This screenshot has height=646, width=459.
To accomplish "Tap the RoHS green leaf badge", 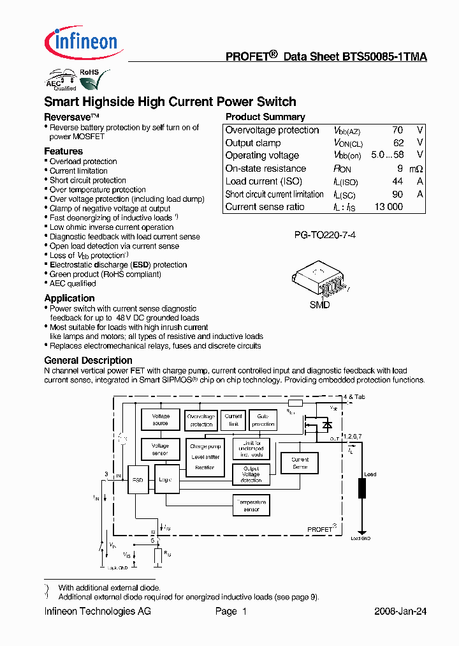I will point(89,80).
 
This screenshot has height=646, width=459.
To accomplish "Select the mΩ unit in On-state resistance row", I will point(416,169).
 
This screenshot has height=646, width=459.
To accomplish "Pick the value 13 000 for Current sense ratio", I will point(388,207).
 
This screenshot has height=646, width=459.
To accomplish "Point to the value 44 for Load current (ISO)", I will point(398,181).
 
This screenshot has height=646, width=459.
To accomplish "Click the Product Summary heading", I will point(265,117).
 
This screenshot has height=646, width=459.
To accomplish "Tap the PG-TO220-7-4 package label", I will point(324,236).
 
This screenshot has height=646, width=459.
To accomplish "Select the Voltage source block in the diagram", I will point(161,419).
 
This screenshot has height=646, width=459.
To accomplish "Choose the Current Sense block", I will point(300,463).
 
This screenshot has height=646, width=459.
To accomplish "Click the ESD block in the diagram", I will point(138,479).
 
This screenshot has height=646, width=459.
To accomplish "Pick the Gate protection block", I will point(263,420).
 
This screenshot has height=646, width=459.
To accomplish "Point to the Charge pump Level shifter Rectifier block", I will point(205,458).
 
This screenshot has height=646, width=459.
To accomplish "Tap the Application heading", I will point(69,298).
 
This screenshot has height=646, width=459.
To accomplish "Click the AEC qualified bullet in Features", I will point(73,283).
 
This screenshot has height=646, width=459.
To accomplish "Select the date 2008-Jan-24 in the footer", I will point(400,612).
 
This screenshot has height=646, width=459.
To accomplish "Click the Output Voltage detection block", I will point(251,474).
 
